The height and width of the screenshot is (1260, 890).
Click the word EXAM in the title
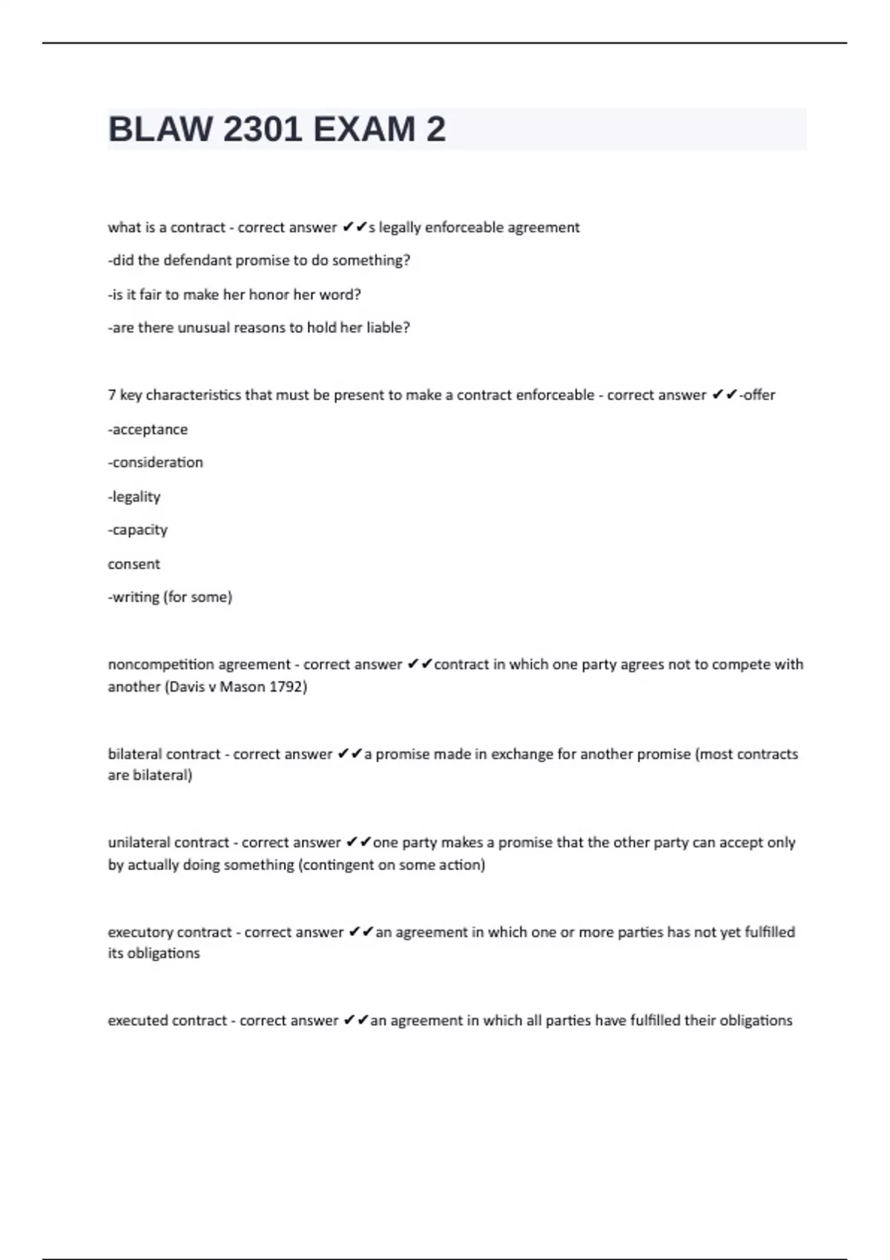(364, 130)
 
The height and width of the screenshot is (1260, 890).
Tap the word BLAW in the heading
(160, 130)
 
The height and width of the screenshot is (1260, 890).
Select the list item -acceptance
(148, 430)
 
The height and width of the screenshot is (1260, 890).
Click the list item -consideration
(155, 462)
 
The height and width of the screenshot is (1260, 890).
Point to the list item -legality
(134, 497)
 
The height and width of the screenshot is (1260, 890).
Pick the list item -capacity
(138, 530)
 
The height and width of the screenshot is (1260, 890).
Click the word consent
(133, 564)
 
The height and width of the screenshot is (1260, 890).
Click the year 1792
(288, 686)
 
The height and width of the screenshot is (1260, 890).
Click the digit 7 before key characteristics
(111, 395)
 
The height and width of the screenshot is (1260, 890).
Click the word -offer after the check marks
(757, 395)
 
